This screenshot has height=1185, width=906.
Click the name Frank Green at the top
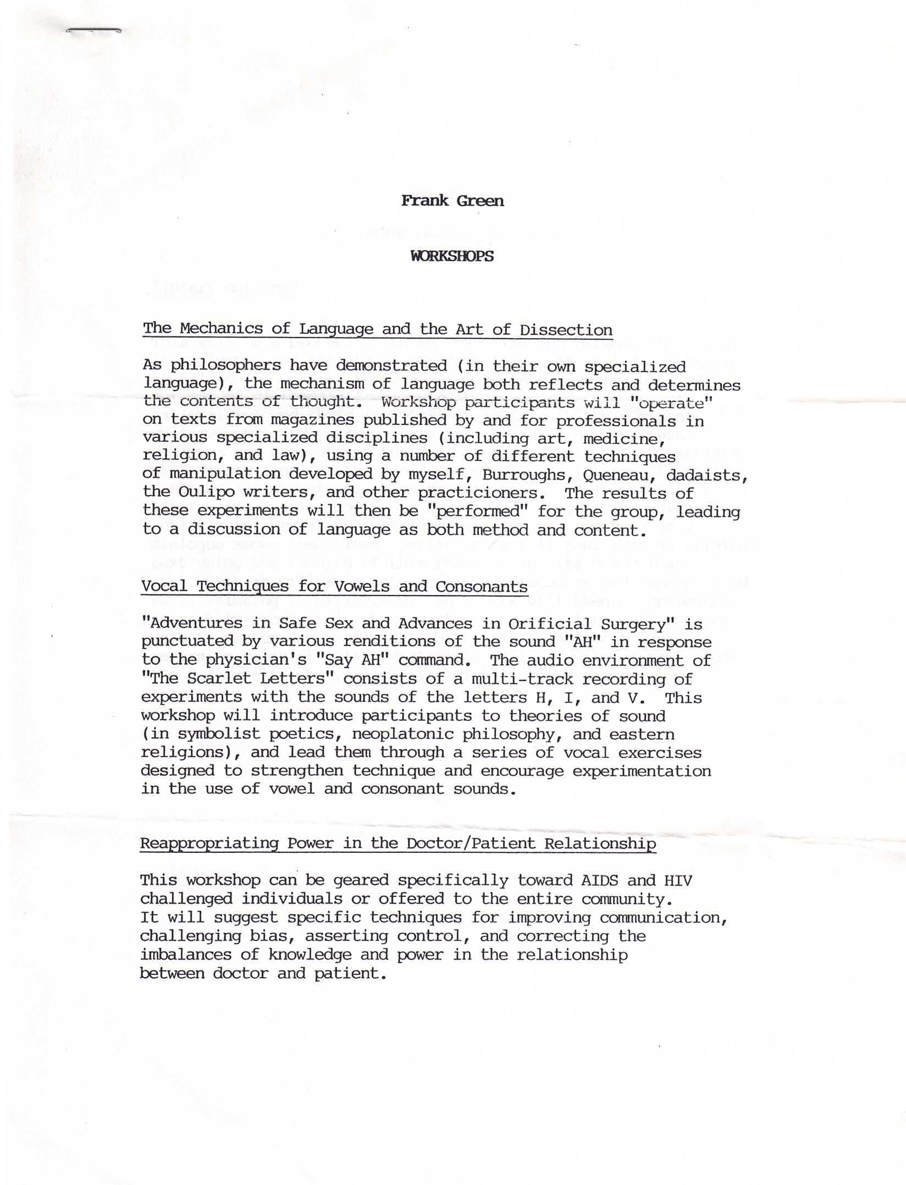tap(452, 201)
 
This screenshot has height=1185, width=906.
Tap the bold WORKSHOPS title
tap(452, 256)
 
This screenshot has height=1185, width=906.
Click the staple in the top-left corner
tap(93, 31)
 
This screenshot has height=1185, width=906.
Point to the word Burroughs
tap(523, 475)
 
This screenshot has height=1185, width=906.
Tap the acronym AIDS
tap(599, 880)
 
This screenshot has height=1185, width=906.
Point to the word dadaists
tap(707, 475)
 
